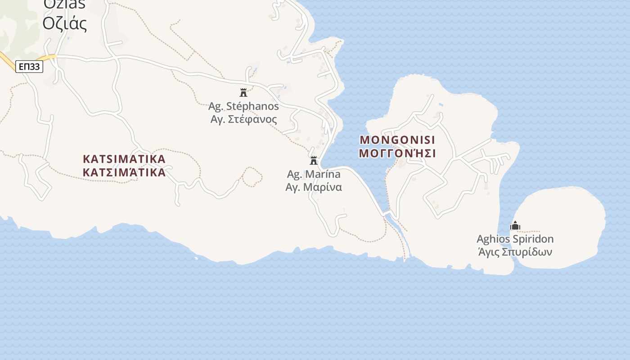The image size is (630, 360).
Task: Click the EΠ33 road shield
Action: pos(29,67)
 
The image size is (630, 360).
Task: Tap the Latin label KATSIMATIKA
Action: pos(124,159)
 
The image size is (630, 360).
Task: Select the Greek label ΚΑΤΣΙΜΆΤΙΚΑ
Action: pos(124,172)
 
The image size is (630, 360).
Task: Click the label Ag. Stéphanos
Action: pos(243,107)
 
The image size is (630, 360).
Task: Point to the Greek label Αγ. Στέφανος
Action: pos(243,119)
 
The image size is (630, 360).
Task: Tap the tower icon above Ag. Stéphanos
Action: pos(243,93)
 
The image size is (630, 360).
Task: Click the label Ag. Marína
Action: pos(314,174)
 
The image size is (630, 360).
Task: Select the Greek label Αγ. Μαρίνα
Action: pos(314,187)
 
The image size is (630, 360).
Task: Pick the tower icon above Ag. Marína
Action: pos(314,160)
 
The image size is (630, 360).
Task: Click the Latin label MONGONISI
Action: pos(398,139)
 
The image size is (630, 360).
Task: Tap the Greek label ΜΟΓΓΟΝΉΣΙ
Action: pos(398,153)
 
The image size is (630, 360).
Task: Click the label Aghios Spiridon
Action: pos(515,239)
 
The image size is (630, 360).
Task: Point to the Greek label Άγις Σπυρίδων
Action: pos(515,252)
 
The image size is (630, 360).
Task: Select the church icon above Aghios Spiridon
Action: pos(515,225)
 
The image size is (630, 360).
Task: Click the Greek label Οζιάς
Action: pos(65,23)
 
